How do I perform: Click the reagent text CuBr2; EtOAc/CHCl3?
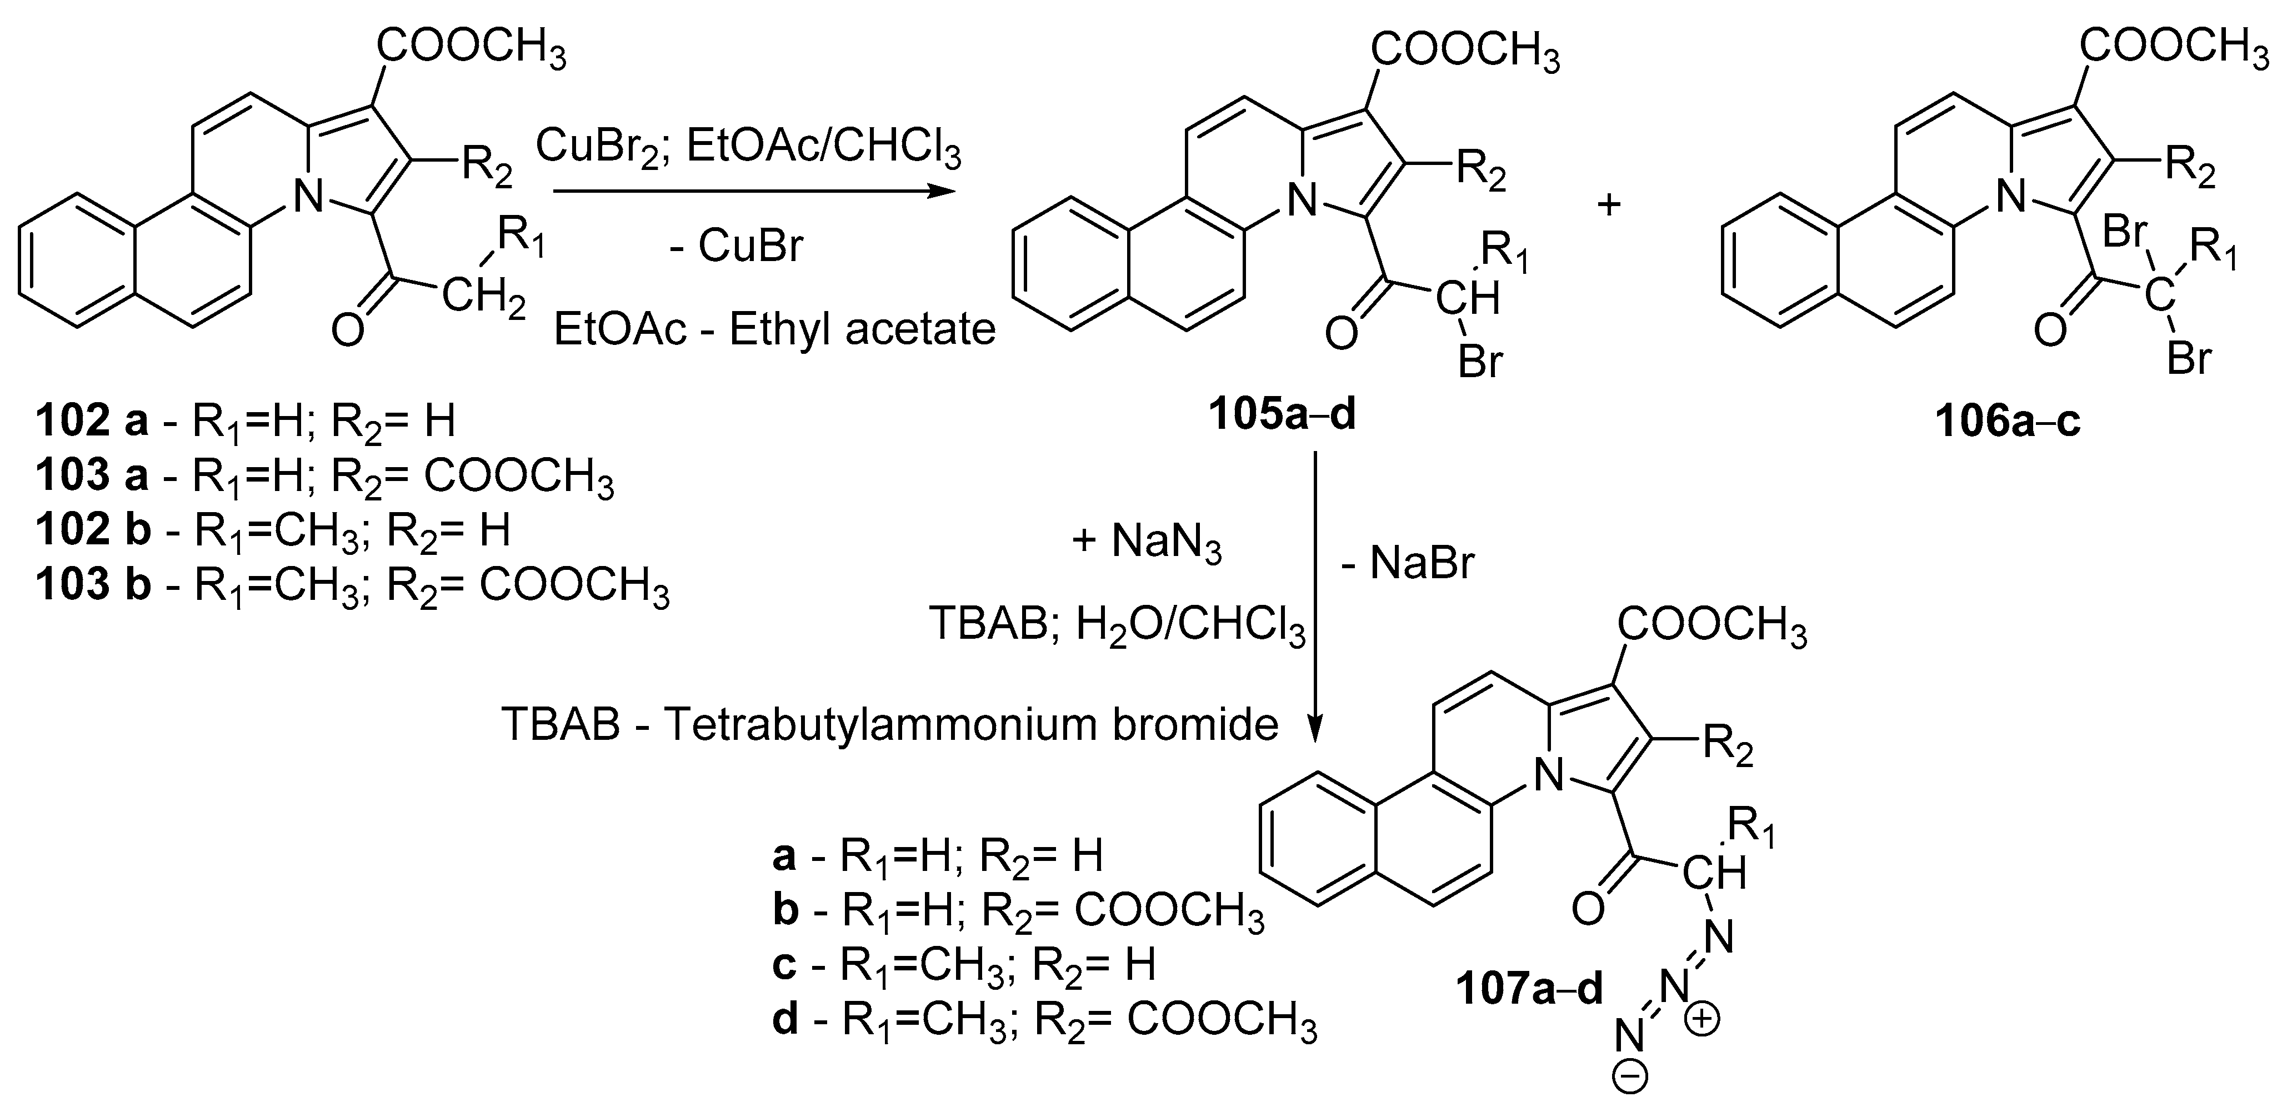click(x=748, y=149)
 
